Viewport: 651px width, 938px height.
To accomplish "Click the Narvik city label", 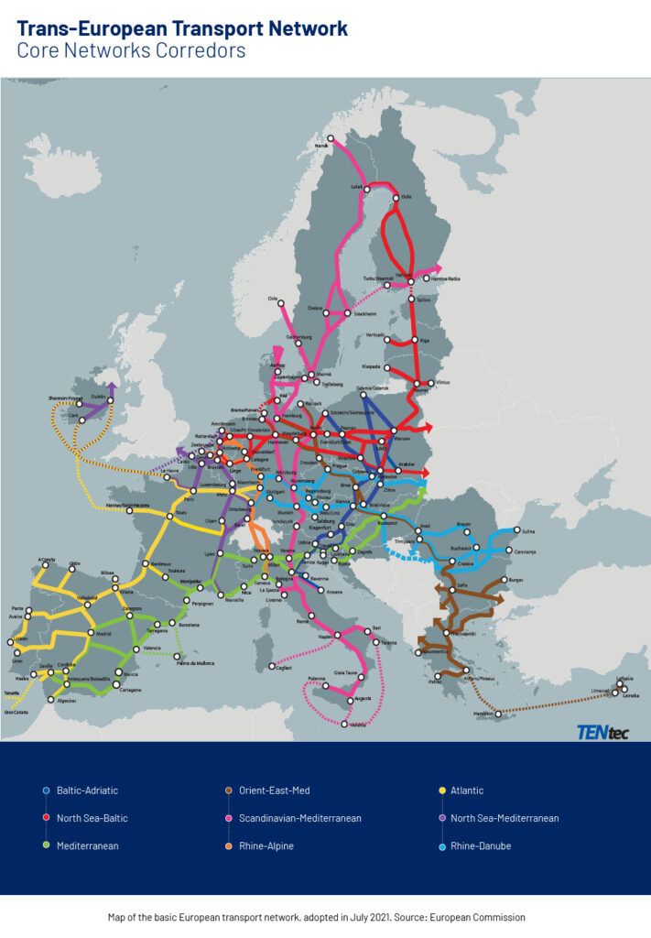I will tap(321, 145).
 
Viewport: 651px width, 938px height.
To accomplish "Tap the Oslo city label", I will tap(272, 298).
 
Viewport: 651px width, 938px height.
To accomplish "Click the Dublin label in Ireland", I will tap(98, 398).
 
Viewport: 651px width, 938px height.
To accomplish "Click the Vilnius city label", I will tap(444, 382).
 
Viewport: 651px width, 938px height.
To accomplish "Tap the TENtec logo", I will tap(602, 731).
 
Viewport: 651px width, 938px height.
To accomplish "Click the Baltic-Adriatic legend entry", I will tap(87, 791).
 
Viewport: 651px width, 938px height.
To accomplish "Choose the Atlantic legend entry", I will tap(467, 791).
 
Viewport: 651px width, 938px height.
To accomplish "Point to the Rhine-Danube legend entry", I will tap(480, 845).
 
